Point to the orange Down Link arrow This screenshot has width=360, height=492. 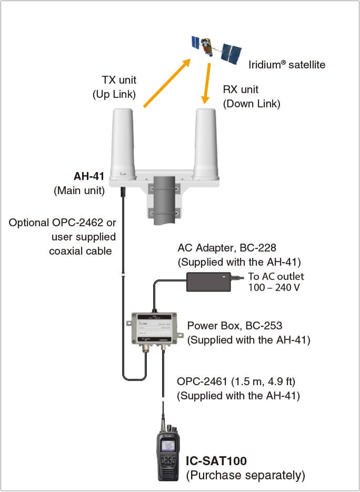click(207, 83)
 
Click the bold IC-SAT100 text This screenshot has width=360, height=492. click(217, 461)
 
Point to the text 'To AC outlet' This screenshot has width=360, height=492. click(276, 276)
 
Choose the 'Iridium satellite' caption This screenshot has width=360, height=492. click(287, 65)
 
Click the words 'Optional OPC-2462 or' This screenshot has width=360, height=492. click(62, 223)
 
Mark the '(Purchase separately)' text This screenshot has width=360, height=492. click(246, 476)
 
